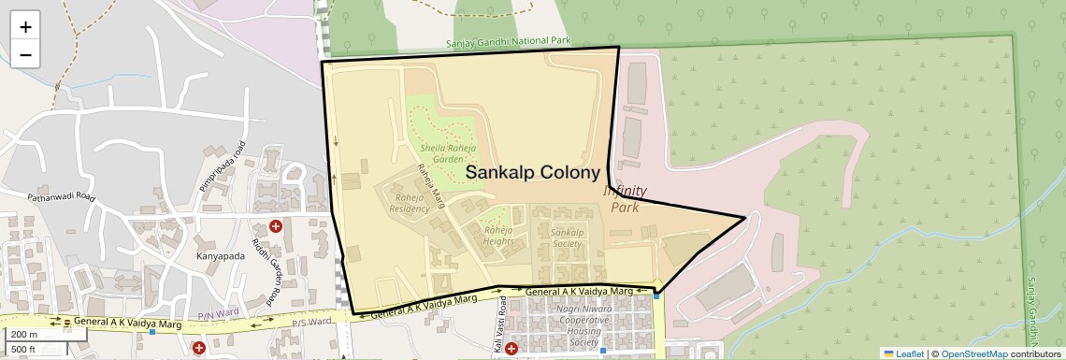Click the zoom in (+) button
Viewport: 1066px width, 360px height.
(25, 27)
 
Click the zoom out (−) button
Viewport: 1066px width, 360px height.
(25, 55)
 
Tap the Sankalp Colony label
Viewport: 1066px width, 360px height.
(532, 173)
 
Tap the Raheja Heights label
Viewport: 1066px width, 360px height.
(498, 236)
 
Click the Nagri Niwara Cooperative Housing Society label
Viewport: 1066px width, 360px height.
(583, 323)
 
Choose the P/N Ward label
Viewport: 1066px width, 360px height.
(211, 316)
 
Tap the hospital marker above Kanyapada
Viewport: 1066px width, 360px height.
(276, 226)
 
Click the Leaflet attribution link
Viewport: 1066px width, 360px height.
(902, 353)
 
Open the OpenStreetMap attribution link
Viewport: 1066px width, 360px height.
(973, 353)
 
